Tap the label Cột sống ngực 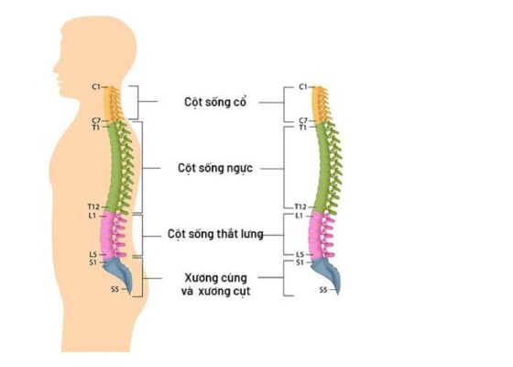tap(215, 169)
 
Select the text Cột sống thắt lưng tap(216, 234)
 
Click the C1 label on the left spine tap(95, 87)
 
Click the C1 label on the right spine tap(303, 87)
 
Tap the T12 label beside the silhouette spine tap(93, 207)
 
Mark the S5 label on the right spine tap(322, 290)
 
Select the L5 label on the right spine tap(301, 254)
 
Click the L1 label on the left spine tap(93, 216)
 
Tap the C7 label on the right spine tap(303, 120)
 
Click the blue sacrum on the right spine tap(326, 272)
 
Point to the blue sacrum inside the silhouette tap(118, 272)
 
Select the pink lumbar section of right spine tap(320, 234)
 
